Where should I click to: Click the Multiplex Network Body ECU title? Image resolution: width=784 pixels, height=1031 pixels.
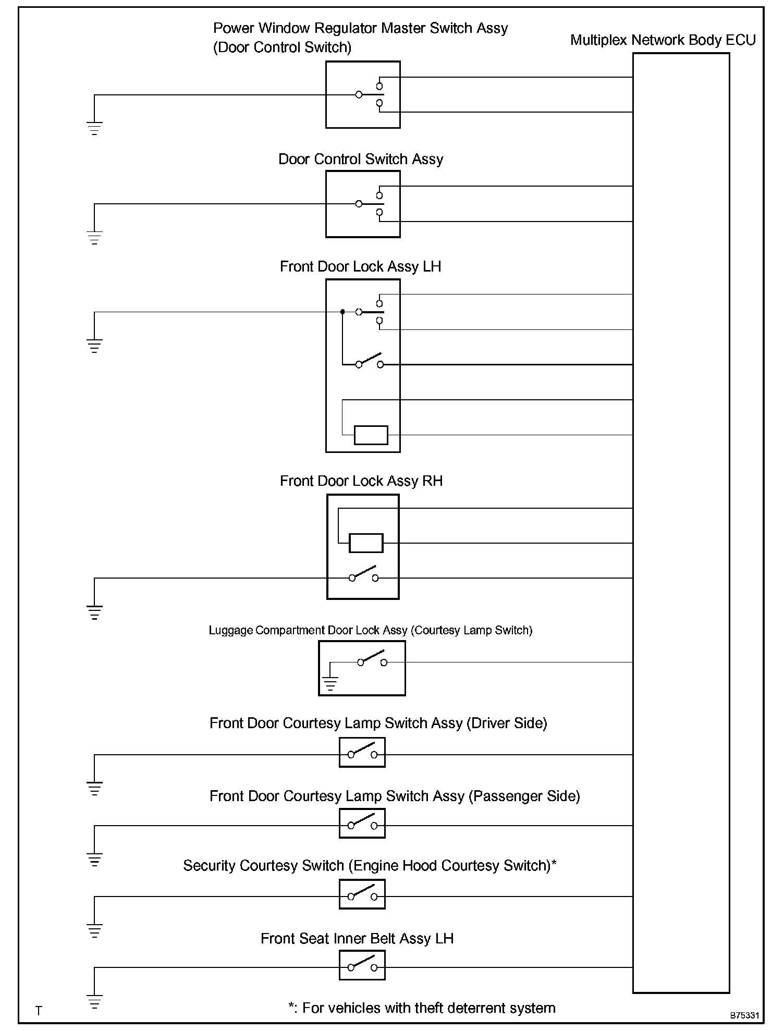click(x=663, y=40)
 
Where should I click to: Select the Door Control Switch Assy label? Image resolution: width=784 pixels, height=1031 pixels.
click(x=361, y=159)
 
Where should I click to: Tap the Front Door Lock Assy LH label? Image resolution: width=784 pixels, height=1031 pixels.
click(x=360, y=267)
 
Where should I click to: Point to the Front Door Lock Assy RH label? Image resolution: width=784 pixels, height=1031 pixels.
click(x=361, y=481)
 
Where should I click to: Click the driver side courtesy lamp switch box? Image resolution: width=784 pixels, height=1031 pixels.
click(x=362, y=754)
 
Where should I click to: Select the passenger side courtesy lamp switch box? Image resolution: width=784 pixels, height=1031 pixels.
click(x=362, y=825)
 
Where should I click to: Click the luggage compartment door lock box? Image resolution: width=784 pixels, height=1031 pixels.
click(x=362, y=668)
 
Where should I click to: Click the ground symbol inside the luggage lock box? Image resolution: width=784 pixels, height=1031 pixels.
click(x=330, y=683)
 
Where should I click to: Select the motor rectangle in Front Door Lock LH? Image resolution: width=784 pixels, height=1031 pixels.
click(x=371, y=435)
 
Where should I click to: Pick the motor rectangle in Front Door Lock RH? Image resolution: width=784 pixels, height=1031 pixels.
click(x=366, y=543)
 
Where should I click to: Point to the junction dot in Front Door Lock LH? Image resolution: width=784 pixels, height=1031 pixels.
click(x=342, y=312)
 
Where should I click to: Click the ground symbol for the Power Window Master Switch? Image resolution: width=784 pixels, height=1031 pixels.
click(x=94, y=128)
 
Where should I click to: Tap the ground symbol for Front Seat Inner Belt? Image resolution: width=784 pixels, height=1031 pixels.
click(x=94, y=1001)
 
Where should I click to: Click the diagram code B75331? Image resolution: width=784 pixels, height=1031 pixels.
click(x=744, y=1015)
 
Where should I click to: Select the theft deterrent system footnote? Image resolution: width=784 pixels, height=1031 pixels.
click(x=422, y=1008)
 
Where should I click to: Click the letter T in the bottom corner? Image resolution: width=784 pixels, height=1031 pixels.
click(x=39, y=1011)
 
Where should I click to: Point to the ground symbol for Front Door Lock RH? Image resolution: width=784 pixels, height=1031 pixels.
click(x=94, y=612)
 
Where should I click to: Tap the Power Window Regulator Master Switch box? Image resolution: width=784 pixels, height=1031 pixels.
click(x=363, y=94)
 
